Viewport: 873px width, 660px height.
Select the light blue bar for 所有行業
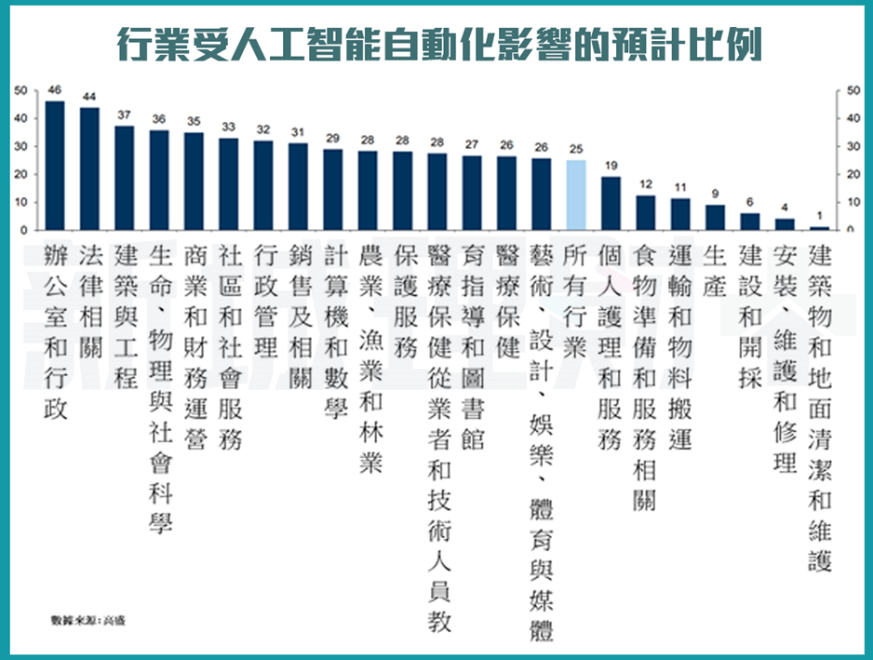click(x=576, y=195)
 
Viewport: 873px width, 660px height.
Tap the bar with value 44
click(x=89, y=168)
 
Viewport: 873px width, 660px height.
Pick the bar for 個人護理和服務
click(x=611, y=203)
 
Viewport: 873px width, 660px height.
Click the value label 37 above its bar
click(x=125, y=114)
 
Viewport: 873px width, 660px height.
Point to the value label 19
click(x=611, y=166)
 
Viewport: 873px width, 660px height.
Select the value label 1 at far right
click(x=819, y=216)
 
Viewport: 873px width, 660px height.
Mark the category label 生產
click(x=715, y=271)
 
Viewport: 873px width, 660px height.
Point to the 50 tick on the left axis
click(x=22, y=90)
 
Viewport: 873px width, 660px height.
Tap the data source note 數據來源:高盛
click(x=87, y=618)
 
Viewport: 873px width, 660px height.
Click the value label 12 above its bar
click(x=645, y=185)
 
